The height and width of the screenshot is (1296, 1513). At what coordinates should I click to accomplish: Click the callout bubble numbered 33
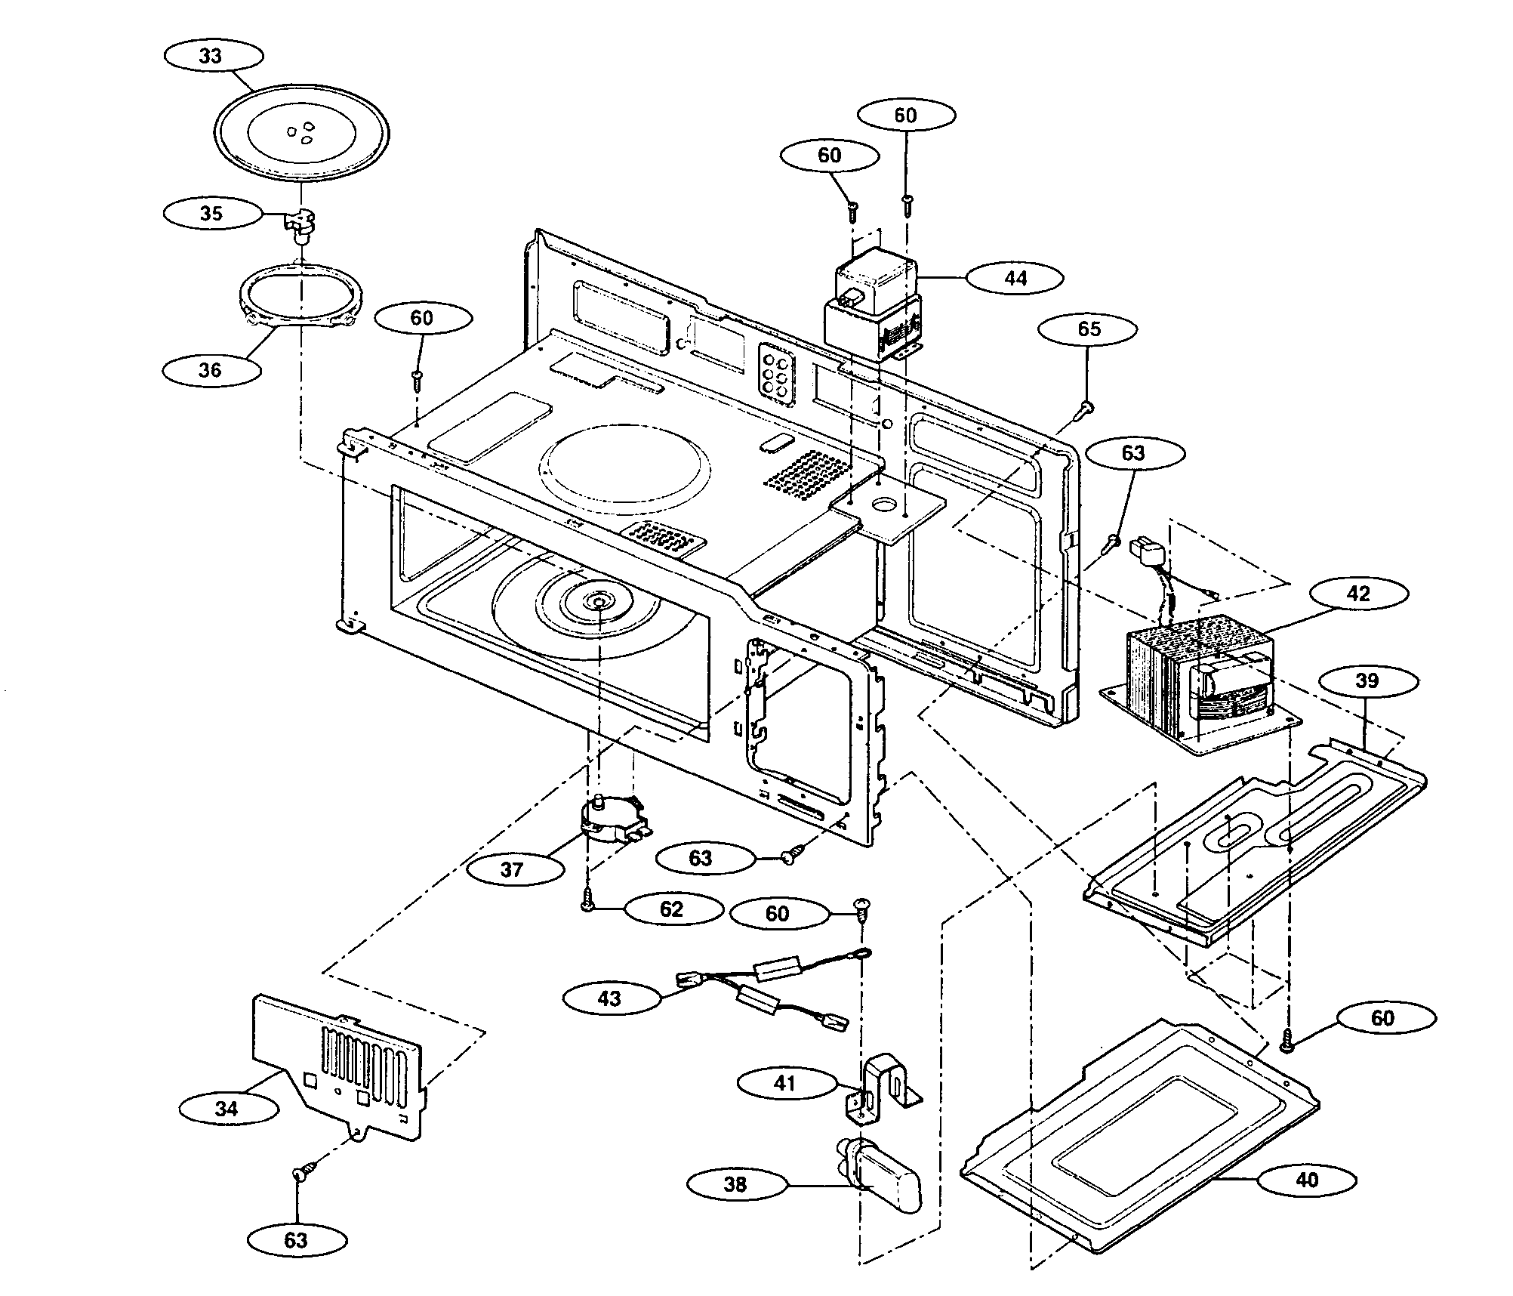212,57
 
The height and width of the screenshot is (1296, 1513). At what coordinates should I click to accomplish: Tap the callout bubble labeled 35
211,214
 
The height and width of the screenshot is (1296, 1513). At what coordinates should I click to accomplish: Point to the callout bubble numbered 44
1015,278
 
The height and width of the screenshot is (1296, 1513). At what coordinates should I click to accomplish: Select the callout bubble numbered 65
1088,329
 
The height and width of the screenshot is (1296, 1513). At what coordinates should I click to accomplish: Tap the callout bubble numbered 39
1367,681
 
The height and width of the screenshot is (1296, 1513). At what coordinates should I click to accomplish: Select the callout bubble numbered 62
671,909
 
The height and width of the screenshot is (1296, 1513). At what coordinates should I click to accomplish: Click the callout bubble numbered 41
785,1083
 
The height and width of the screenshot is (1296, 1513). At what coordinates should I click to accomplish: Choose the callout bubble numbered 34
226,1109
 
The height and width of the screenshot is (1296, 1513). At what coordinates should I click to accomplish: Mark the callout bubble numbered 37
513,869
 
